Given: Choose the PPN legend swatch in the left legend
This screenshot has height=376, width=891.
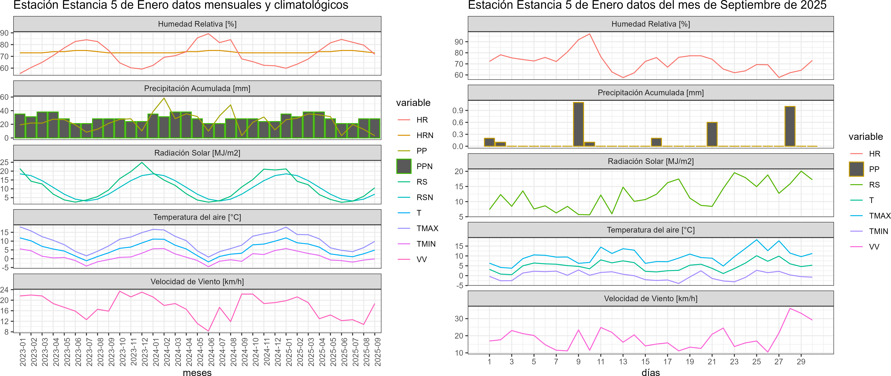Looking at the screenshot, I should click(x=404, y=166).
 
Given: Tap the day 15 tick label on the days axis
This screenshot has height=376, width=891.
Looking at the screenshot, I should click(x=645, y=361).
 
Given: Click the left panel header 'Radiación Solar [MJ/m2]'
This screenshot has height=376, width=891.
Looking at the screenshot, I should click(x=197, y=153).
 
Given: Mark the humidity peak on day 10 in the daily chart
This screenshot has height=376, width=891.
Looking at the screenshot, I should click(x=589, y=34).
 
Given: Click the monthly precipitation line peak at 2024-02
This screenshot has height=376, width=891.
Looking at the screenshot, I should click(x=164, y=98).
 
